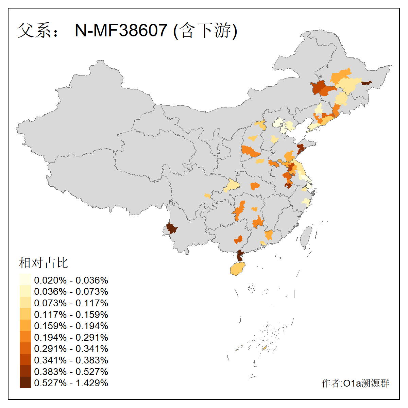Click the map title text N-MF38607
coord(121,31)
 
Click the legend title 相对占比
coord(44,263)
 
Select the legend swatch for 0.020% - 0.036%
coord(25,280)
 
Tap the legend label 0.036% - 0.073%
coord(71,292)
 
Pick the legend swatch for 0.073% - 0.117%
coord(25,303)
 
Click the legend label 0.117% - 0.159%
coord(71,314)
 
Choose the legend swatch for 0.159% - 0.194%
coord(25,326)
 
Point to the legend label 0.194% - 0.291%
coord(71,337)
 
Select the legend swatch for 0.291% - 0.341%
coord(25,348)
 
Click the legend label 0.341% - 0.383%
coord(71,360)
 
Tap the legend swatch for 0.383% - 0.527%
coord(25,371)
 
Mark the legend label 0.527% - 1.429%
coord(71,383)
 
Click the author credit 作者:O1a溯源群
coord(355,383)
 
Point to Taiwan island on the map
coord(306,236)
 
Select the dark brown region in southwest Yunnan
coord(171,228)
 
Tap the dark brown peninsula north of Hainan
coord(240,255)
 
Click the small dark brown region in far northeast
coord(366,83)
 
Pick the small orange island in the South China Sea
coord(265,348)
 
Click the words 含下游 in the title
coord(205,31)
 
